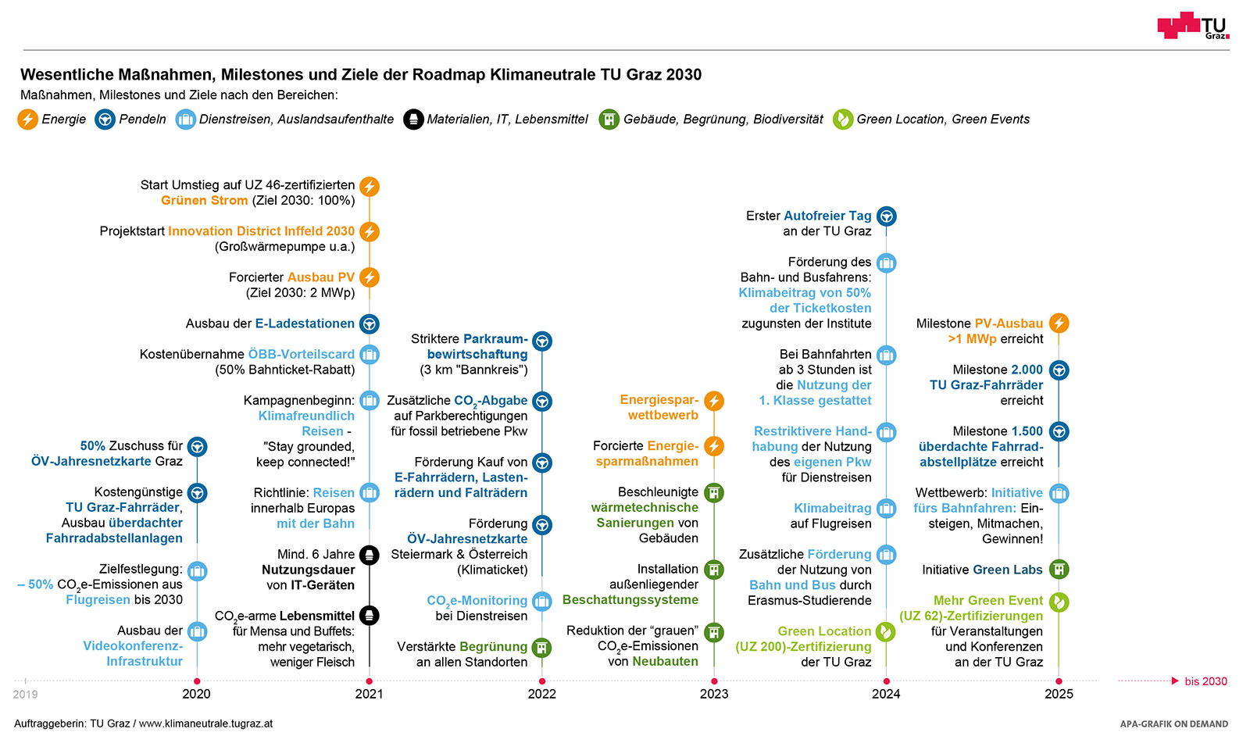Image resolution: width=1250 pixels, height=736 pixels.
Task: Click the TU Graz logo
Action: (x=1192, y=26)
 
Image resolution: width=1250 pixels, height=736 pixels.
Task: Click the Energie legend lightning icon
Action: (x=28, y=120)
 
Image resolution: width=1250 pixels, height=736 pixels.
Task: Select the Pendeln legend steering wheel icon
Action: (x=105, y=120)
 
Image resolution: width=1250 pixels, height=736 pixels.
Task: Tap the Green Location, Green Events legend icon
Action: (x=842, y=120)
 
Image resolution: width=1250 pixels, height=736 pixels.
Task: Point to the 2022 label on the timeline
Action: (x=541, y=694)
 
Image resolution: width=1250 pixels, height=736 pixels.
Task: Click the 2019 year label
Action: (x=25, y=694)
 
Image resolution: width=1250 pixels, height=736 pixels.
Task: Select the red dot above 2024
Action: (x=886, y=681)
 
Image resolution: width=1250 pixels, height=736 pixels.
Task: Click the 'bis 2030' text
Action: (x=1205, y=681)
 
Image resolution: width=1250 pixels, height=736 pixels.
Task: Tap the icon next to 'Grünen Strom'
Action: (x=370, y=187)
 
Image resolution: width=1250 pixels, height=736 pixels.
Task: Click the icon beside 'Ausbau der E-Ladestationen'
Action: (x=370, y=323)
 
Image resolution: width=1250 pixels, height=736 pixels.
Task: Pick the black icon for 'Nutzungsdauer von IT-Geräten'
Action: (x=370, y=556)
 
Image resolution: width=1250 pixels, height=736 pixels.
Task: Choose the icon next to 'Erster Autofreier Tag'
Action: (x=886, y=216)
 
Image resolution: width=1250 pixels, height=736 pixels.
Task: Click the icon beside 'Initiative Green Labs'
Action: (x=1059, y=570)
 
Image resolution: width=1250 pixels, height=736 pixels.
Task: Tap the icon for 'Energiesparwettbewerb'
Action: (x=714, y=401)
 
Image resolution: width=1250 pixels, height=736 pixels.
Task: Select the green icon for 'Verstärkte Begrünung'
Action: (x=541, y=648)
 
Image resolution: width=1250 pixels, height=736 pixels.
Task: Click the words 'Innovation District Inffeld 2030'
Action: (x=261, y=231)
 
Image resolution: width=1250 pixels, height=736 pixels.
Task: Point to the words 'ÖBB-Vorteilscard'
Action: (x=301, y=354)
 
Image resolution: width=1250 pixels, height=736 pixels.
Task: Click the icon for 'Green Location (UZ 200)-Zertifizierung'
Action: (x=886, y=631)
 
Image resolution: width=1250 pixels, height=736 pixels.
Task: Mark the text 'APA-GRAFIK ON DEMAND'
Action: (x=1173, y=723)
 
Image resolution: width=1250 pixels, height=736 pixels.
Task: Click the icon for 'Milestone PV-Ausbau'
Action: (x=1059, y=323)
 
